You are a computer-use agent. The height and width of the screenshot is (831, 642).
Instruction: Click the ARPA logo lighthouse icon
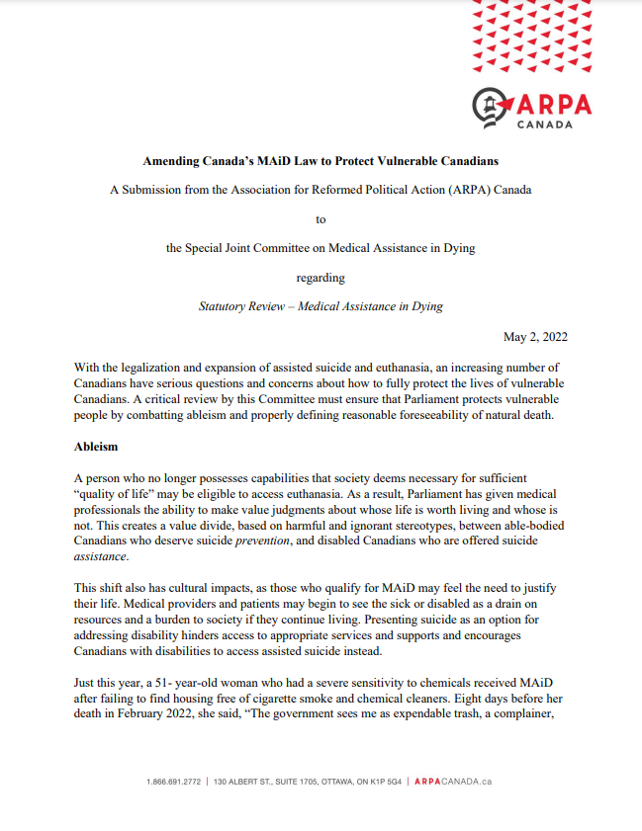tap(491, 104)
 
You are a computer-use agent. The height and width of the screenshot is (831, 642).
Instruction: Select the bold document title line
tap(321, 160)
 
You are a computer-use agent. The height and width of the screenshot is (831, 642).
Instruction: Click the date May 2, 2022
tap(535, 337)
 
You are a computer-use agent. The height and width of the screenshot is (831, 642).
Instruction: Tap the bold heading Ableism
tap(96, 447)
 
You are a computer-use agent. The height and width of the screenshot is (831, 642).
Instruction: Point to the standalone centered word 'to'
tap(321, 218)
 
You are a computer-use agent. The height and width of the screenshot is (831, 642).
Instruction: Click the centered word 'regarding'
tap(321, 278)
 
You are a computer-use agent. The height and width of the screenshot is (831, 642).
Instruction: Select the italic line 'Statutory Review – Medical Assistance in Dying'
tap(321, 306)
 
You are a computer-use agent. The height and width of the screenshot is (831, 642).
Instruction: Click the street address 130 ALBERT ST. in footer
tap(251, 782)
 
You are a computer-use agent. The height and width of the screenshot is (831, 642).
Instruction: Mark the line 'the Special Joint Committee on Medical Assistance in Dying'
tap(321, 248)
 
